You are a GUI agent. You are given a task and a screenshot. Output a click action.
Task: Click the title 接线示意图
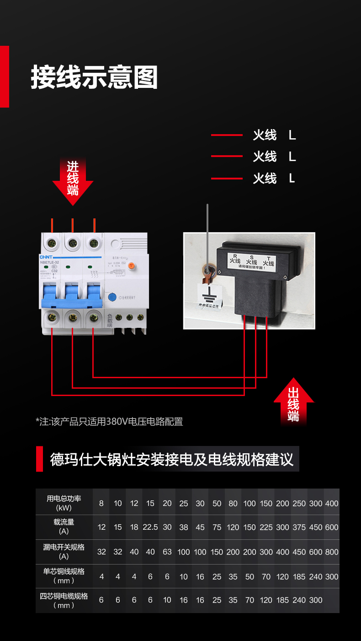(94, 77)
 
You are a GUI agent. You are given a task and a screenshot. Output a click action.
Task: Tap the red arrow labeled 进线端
(73, 179)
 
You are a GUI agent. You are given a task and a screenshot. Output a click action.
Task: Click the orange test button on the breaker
(131, 266)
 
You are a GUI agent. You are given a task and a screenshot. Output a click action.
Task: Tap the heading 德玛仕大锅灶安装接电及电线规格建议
(172, 459)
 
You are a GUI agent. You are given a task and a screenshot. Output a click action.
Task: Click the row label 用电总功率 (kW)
(64, 503)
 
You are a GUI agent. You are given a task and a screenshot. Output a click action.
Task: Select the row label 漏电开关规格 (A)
(64, 551)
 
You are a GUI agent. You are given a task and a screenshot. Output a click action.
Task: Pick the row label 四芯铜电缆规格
(64, 600)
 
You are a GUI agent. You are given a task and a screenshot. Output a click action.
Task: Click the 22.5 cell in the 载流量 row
(150, 527)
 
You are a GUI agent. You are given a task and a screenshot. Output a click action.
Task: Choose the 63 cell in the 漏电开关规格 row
(167, 552)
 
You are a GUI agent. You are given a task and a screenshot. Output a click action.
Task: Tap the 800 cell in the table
(332, 552)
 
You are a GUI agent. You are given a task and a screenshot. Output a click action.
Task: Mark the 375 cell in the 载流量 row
(299, 527)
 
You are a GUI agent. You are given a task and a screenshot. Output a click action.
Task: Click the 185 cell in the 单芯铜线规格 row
(299, 576)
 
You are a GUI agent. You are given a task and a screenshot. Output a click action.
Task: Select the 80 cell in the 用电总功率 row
(233, 503)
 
